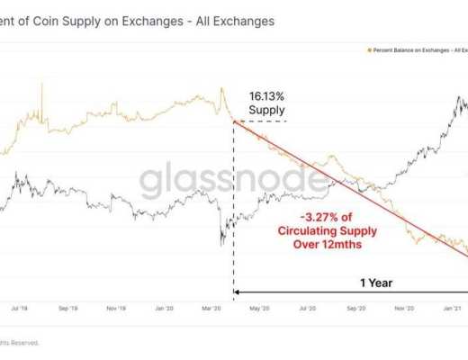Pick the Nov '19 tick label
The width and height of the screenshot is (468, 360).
click(x=116, y=308)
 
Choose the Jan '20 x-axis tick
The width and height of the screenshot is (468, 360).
click(x=166, y=308)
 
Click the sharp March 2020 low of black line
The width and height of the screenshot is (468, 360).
click(x=220, y=242)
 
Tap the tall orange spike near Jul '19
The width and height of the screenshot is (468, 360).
click(x=42, y=86)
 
